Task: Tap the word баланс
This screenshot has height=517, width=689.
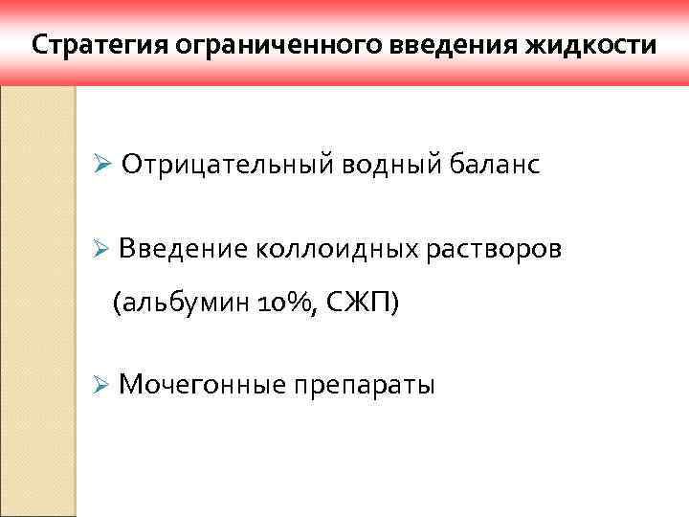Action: pyautogui.click(x=492, y=166)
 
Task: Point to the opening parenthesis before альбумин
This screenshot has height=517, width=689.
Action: pyautogui.click(x=117, y=304)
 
